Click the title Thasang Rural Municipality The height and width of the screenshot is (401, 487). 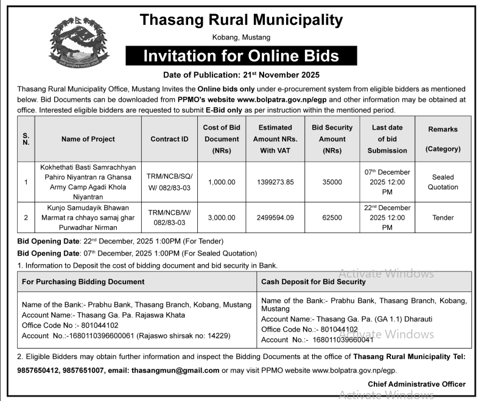(x=242, y=20)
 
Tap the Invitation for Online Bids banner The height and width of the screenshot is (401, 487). (x=241, y=57)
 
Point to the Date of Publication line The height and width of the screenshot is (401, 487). (x=242, y=75)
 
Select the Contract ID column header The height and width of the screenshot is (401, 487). (x=170, y=139)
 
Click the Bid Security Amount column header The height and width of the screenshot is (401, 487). (x=332, y=139)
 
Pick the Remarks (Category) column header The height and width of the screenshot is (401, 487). (x=443, y=139)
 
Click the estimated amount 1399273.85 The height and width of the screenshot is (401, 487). (x=276, y=182)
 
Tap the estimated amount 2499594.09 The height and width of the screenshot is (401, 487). (x=276, y=217)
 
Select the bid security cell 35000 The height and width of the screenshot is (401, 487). (x=332, y=182)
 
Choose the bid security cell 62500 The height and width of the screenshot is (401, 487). (x=332, y=217)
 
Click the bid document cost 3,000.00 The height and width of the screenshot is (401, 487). (x=222, y=217)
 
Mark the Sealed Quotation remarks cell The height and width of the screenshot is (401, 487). (x=443, y=182)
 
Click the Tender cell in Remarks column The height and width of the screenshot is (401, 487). (x=443, y=217)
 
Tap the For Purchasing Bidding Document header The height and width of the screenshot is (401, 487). (x=83, y=282)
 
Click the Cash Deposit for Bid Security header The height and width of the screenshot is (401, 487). (x=313, y=282)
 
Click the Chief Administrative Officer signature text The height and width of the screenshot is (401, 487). (x=416, y=384)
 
